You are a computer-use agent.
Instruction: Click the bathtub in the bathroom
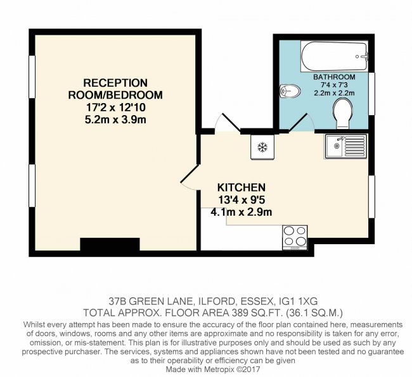[334, 56]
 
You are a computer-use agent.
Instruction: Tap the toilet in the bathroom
[342, 111]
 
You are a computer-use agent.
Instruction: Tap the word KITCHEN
[241, 188]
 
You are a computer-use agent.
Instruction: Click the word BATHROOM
[334, 77]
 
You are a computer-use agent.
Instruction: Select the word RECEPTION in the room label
[116, 83]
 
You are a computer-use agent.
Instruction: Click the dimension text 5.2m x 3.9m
[116, 120]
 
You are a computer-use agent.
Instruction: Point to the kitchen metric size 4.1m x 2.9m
[241, 212]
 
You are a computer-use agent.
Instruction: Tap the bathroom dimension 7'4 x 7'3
[334, 85]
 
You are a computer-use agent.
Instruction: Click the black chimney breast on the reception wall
[109, 245]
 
